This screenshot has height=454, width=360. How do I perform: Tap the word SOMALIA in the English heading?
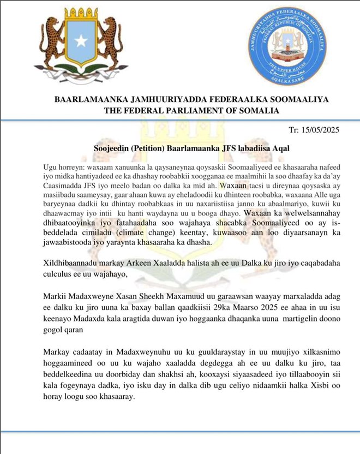tap(261, 110)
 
